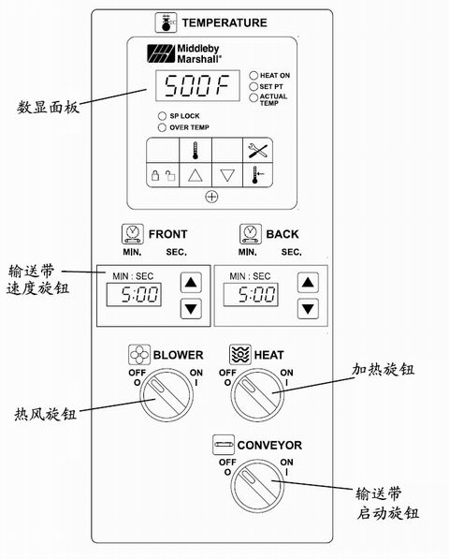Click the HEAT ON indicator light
coord(253,76)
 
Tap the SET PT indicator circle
coord(253,87)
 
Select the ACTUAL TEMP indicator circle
coord(253,97)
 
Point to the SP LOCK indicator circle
coord(162,116)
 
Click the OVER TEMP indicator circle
coord(162,127)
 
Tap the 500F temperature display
coord(197,85)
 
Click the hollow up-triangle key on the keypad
coord(196,175)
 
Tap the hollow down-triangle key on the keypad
coord(227,175)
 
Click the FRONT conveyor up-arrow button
coord(191,283)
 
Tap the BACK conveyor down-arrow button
coord(308,308)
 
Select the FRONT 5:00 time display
coord(134,294)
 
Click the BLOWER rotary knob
coord(167,395)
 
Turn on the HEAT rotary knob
coord(257,395)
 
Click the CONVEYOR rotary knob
coord(257,485)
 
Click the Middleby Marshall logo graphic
coord(161,53)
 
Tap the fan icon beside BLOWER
coord(139,355)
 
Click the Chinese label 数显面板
coord(48,107)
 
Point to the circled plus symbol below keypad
coord(211,197)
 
